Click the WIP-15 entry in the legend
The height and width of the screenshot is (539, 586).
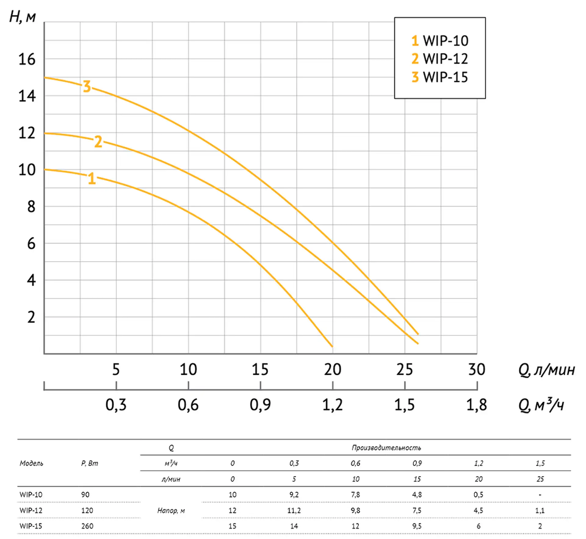(x=440, y=77)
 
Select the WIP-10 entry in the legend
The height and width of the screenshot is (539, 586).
(x=440, y=41)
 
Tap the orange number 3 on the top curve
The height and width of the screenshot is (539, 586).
(x=87, y=86)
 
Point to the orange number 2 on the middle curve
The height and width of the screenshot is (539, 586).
(x=98, y=142)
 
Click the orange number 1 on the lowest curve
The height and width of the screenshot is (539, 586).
(x=92, y=179)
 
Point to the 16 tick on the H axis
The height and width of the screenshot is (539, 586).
(x=27, y=59)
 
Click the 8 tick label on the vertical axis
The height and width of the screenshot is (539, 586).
(x=31, y=207)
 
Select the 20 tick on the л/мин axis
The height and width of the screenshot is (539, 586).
(x=332, y=370)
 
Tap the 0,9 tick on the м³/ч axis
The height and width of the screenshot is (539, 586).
(x=260, y=405)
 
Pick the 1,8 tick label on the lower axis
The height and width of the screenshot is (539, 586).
(x=476, y=405)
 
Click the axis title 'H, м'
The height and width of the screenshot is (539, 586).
(x=23, y=17)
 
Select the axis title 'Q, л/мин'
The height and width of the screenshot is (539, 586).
(x=546, y=370)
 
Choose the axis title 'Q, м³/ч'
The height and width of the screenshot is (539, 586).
(x=541, y=405)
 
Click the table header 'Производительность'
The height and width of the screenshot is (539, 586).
(x=386, y=448)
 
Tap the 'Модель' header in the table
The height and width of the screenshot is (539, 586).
(x=31, y=463)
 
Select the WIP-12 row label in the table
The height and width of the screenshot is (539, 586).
(x=31, y=510)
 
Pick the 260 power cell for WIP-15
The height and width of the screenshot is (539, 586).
(x=87, y=526)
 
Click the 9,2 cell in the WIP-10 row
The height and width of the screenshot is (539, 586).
(x=294, y=494)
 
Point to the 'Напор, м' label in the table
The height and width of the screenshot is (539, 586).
(x=171, y=510)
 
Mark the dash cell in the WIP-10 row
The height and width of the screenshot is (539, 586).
(x=540, y=494)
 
